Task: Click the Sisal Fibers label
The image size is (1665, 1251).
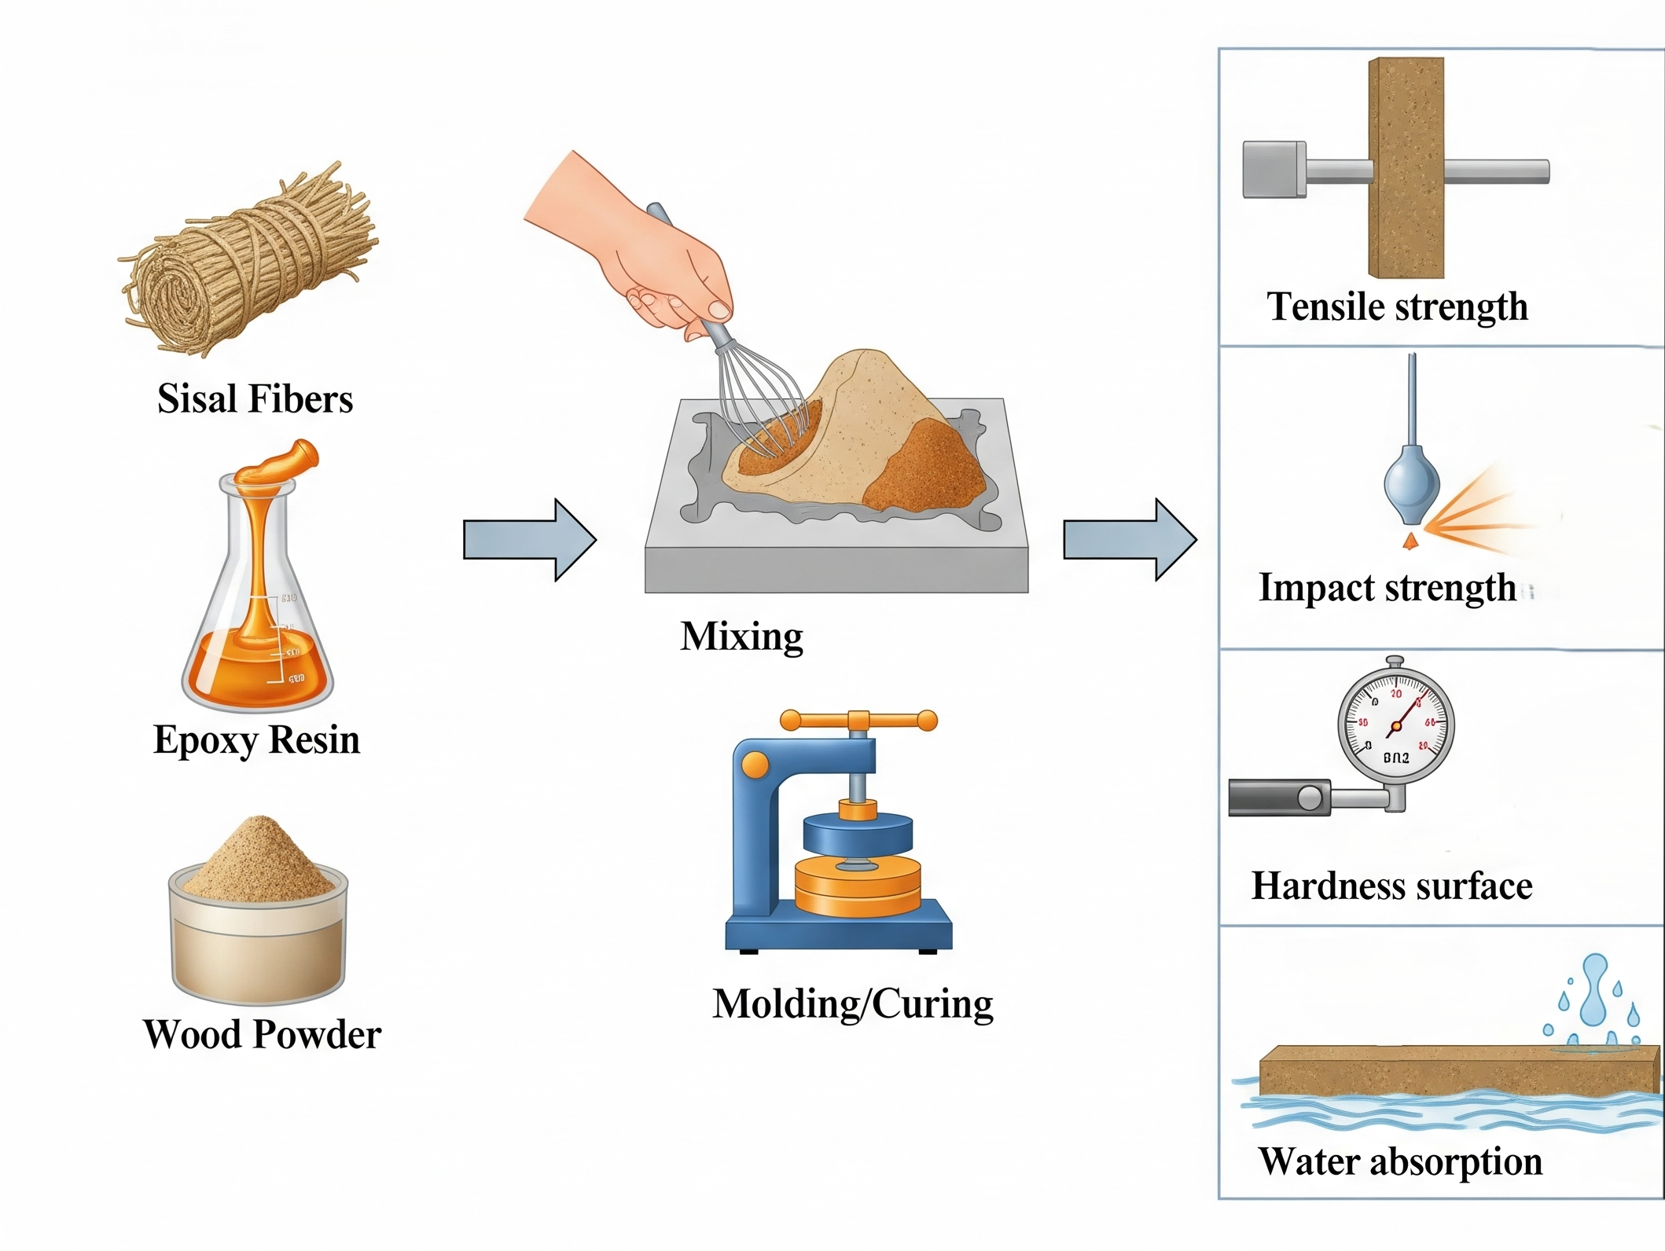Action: [x=255, y=398]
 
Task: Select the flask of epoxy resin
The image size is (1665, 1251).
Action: [x=258, y=597]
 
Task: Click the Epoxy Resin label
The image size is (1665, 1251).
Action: [x=256, y=739]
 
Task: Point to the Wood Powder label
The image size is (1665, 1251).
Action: [x=262, y=1034]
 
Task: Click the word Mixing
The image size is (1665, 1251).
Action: [x=741, y=636]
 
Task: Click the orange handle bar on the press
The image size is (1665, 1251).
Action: [x=858, y=720]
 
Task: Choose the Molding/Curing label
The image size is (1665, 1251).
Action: [x=853, y=1003]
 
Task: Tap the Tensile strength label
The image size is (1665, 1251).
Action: [x=1397, y=306]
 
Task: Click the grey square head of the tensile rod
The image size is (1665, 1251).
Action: [x=1274, y=169]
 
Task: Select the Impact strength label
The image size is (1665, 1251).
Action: [x=1387, y=588]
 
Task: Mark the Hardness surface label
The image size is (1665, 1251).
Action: [x=1391, y=886]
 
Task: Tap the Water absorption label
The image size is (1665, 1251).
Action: [x=1400, y=1161]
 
